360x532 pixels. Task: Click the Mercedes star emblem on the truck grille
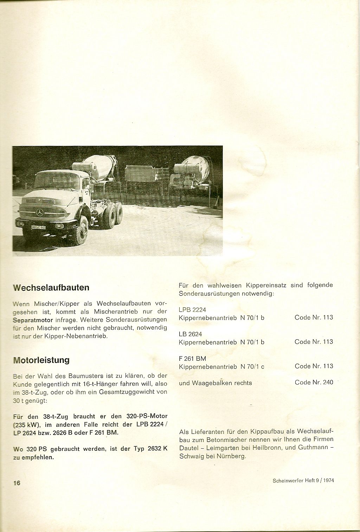click(x=40, y=212)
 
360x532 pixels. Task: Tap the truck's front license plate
click(x=38, y=227)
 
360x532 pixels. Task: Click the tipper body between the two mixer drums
click(x=146, y=174)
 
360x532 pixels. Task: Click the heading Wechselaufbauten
click(x=51, y=288)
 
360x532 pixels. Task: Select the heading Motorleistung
click(x=41, y=360)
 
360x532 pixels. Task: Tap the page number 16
click(x=17, y=483)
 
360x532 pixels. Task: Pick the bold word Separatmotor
click(x=33, y=320)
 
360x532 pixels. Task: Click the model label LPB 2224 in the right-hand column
click(x=192, y=310)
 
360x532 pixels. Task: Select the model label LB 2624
click(x=190, y=334)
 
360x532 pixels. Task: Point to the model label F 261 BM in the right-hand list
click(x=192, y=359)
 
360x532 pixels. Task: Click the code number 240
click(x=328, y=382)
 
